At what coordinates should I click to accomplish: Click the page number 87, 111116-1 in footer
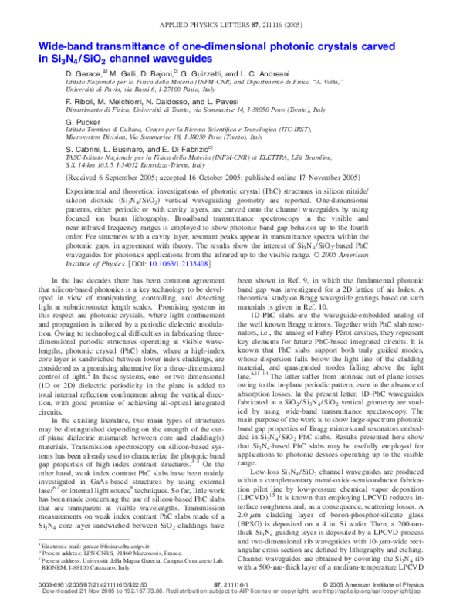pos(231,584)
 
